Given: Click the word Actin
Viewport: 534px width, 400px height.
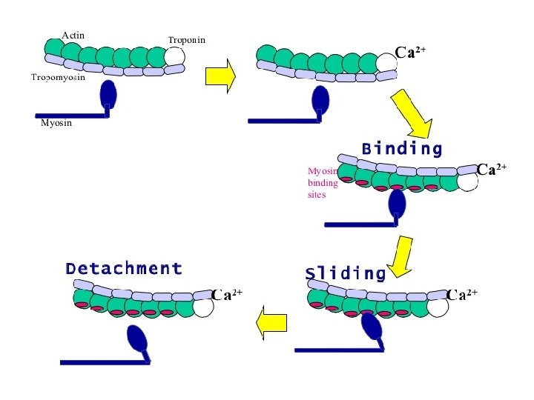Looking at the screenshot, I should coord(73,35).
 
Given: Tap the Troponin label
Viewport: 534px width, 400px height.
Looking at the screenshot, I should coord(186,39).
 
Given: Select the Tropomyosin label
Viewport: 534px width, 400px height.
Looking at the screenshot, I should coord(59,77).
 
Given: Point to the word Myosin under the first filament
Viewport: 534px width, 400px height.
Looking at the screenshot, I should coord(56,123).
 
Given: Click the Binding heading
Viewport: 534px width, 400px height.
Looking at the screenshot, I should coord(402,149).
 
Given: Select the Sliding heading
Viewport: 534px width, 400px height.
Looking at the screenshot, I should coord(346,274).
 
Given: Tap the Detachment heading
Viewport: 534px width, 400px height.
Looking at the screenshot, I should coord(123,269).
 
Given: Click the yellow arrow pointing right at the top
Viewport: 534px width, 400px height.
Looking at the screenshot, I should coord(220,74).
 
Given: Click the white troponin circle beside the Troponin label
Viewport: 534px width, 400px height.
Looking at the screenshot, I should coord(175,56).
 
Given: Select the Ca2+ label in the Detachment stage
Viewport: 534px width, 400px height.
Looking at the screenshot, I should coord(227,295).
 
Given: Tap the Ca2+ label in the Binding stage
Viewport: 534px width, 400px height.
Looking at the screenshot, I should coord(491,170).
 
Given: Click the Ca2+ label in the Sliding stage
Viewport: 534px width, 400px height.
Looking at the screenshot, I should coord(462,295).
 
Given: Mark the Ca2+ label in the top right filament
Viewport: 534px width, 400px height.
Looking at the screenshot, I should coord(409,53).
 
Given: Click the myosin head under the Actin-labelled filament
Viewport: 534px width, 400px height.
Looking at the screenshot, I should coord(108,94).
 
